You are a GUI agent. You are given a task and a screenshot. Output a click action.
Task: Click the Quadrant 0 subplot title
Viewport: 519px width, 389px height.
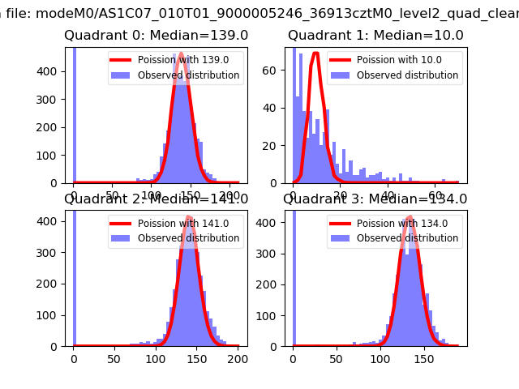[x=157, y=36]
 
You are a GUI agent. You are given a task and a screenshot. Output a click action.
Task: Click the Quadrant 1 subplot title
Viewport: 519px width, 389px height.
[x=375, y=36]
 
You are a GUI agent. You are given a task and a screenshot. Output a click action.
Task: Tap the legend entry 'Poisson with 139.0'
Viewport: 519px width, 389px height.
[x=175, y=60]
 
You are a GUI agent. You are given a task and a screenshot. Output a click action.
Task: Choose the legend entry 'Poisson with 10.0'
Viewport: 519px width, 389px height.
[x=392, y=60]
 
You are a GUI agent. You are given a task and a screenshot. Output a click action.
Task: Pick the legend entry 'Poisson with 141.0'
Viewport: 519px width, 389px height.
[x=175, y=224]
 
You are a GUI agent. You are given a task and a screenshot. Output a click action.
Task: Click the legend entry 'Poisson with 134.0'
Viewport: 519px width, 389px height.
[x=394, y=224]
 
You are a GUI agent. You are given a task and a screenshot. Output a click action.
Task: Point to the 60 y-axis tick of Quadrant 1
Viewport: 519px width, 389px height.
[x=273, y=70]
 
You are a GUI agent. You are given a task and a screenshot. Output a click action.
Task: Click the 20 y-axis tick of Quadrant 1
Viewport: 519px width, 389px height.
[x=273, y=145]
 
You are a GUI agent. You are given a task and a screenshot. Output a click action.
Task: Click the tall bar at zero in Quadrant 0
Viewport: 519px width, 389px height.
[x=74, y=113]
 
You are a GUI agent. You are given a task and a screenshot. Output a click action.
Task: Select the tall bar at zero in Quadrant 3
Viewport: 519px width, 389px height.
[x=293, y=276]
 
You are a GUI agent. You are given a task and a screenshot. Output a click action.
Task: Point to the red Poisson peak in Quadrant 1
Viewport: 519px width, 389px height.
[x=315, y=53]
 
